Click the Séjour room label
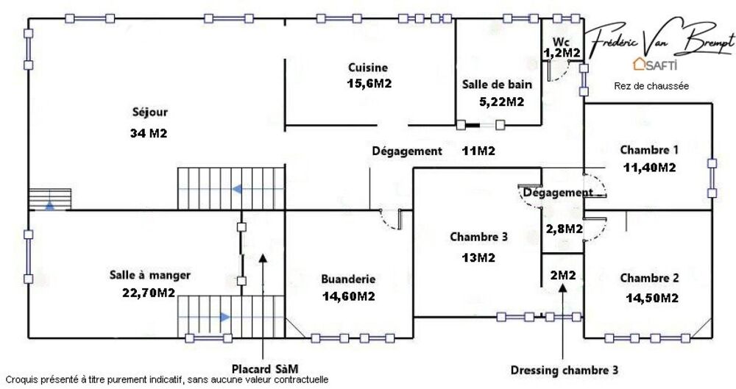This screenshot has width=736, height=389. (149, 113)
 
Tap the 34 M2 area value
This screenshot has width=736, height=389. (149, 133)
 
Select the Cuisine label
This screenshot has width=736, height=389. (368, 68)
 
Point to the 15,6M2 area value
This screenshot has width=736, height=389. (369, 84)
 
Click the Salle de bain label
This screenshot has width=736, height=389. (497, 85)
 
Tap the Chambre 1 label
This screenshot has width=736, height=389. (649, 150)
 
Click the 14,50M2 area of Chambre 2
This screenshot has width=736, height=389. (651, 298)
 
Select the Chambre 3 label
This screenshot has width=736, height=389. (479, 237)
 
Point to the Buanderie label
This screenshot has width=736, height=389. (348, 279)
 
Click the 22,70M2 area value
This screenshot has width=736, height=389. (149, 293)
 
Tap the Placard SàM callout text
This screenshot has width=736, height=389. (265, 368)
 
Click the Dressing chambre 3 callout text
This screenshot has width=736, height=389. (565, 370)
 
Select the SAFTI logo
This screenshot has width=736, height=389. (655, 64)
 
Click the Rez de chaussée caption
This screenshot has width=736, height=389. (651, 86)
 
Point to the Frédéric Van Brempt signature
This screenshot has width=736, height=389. (660, 40)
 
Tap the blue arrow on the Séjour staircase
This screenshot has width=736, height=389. (238, 189)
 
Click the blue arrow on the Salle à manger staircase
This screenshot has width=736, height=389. (225, 317)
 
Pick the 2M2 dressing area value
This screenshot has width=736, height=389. (563, 276)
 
